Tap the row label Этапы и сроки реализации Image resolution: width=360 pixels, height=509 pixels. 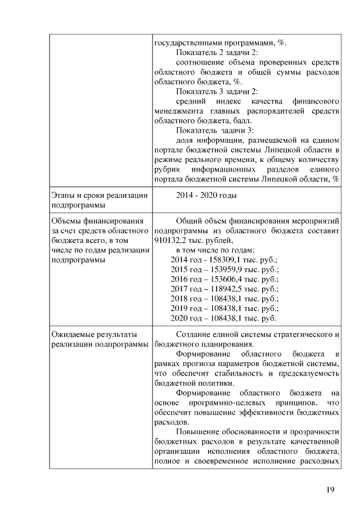tap(99, 195)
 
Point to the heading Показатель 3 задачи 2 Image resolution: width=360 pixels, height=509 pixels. tap(217, 91)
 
